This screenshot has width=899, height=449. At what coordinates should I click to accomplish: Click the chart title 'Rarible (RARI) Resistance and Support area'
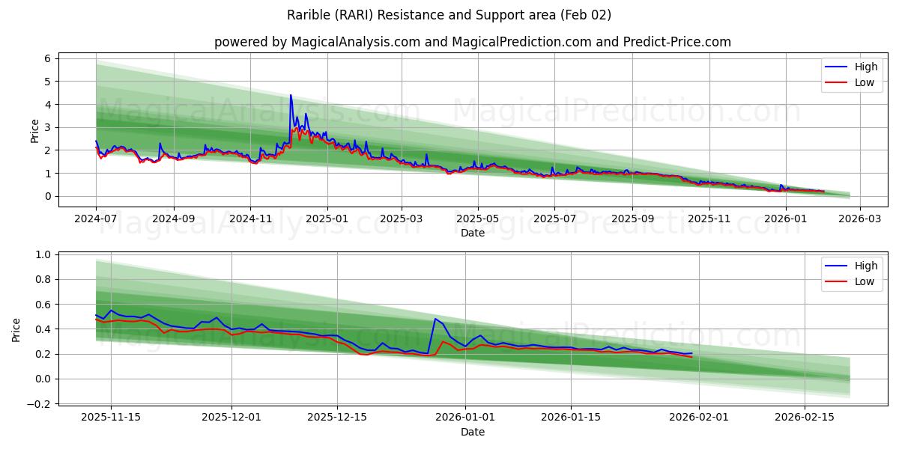pyautogui.click(x=449, y=15)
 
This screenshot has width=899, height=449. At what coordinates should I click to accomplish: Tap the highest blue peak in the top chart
pyautogui.click(x=291, y=95)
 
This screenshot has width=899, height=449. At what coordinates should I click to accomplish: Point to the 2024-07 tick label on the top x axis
pyautogui.click(x=96, y=219)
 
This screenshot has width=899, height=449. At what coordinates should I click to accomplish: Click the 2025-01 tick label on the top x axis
pyautogui.click(x=326, y=219)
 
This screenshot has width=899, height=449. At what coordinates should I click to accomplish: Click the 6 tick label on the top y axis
pyautogui.click(x=46, y=58)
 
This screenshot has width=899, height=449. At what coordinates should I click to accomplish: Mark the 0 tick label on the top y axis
pyautogui.click(x=46, y=196)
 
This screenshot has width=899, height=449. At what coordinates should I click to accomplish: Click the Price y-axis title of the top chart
pyautogui.click(x=34, y=130)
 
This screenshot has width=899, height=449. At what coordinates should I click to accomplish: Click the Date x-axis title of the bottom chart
pyautogui.click(x=472, y=432)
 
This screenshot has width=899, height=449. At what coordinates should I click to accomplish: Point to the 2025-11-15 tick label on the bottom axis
pyautogui.click(x=111, y=417)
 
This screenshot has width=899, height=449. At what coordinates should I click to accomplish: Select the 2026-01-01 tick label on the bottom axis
pyautogui.click(x=465, y=417)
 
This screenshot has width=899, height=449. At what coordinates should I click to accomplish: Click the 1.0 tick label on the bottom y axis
pyautogui.click(x=42, y=254)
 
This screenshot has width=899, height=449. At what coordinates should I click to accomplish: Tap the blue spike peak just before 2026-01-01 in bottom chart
pyautogui.click(x=435, y=319)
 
